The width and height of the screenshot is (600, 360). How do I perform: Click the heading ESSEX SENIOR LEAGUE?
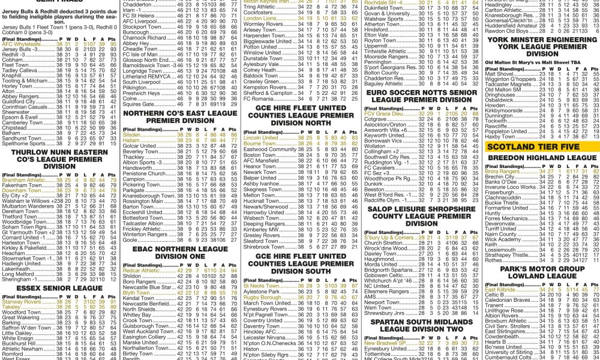[59, 288]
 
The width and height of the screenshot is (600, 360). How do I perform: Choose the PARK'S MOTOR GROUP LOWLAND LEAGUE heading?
[541, 272]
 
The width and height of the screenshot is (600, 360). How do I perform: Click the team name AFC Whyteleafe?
[20, 44]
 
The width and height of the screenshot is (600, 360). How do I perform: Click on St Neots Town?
[261, 286]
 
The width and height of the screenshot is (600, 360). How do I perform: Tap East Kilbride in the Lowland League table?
[503, 289]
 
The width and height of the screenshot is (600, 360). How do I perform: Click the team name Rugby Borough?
[263, 297]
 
